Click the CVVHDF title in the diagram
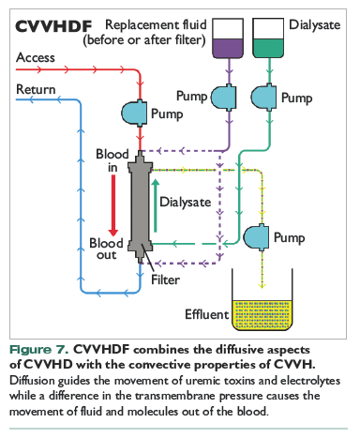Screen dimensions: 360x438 (53, 26)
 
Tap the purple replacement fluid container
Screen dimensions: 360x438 (228, 38)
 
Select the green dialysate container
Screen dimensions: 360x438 (268, 38)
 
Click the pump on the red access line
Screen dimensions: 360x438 (134, 113)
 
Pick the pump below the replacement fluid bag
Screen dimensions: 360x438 (224, 97)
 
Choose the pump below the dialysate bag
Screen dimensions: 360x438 (264, 97)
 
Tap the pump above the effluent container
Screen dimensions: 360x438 (256, 237)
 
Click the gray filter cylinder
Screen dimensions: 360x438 (141, 206)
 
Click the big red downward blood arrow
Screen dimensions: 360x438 (113, 205)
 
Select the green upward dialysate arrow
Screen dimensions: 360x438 (156, 205)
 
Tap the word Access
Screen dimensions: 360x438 (36, 57)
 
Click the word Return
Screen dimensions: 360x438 (36, 89)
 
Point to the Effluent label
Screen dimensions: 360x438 (207, 314)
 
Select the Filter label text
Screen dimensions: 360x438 (165, 279)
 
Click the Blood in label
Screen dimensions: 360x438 (112, 160)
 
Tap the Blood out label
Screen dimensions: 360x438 (106, 249)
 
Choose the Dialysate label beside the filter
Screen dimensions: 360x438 (186, 203)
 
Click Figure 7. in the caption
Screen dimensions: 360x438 (38, 350)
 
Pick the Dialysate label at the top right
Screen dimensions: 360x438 (315, 25)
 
